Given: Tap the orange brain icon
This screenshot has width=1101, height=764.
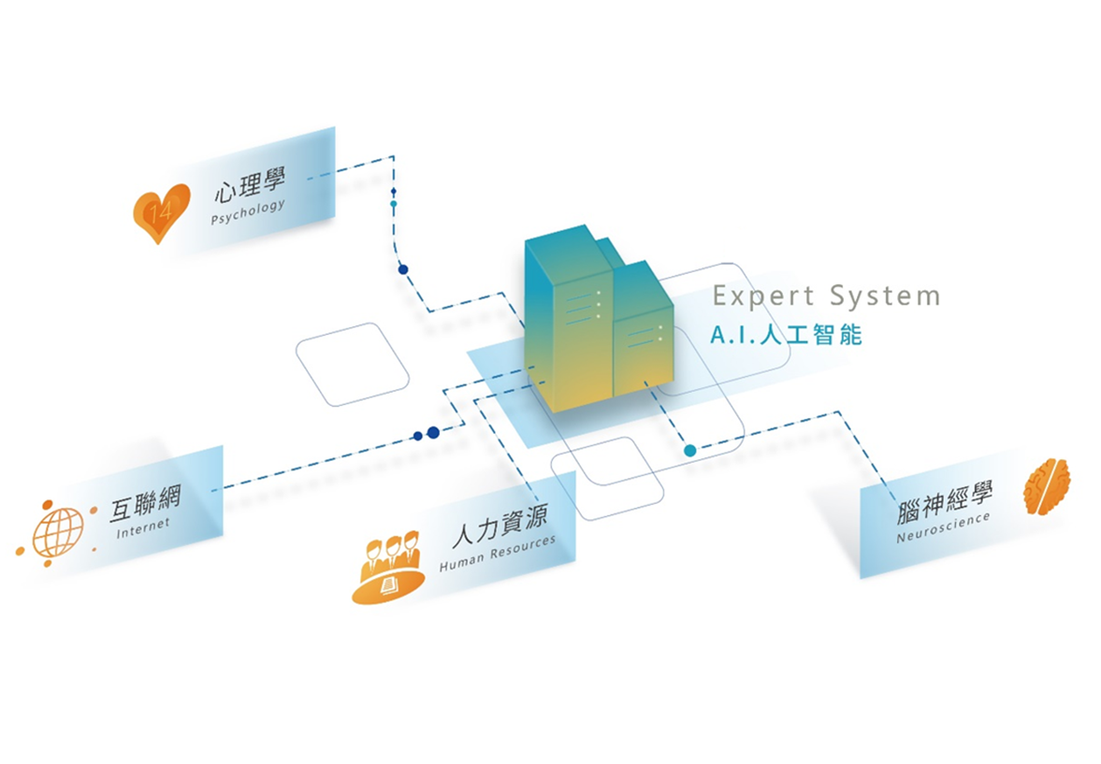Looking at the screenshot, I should click(x=1047, y=485).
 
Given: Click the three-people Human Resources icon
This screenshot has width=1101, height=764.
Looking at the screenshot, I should click(x=388, y=567).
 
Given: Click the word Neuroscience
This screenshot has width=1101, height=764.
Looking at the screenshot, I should click(x=942, y=526).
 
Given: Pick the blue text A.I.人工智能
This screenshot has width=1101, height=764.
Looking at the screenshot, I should click(x=786, y=335).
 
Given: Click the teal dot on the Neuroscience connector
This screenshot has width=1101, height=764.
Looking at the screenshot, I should click(x=690, y=451).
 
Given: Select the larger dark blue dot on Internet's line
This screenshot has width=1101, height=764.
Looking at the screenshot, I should click(x=433, y=433).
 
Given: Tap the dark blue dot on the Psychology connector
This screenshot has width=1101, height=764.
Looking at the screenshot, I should click(x=403, y=269).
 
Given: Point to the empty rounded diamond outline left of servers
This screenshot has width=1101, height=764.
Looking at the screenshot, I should click(x=353, y=364).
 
